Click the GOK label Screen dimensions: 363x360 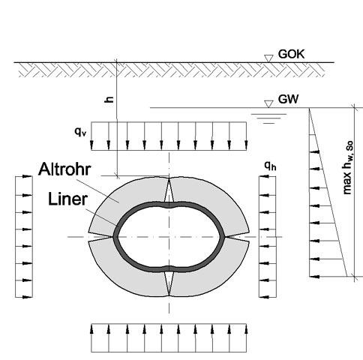(x=291, y=54)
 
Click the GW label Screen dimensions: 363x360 (x=288, y=99)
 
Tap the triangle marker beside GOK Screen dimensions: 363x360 (x=268, y=58)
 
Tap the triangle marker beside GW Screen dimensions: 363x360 (x=268, y=104)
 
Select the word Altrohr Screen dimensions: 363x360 (x=64, y=169)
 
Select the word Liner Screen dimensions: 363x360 (x=67, y=199)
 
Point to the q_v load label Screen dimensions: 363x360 (x=80, y=132)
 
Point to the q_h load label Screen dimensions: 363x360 (x=271, y=166)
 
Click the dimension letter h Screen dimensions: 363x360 (x=109, y=100)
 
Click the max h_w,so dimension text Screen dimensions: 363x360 (x=349, y=167)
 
